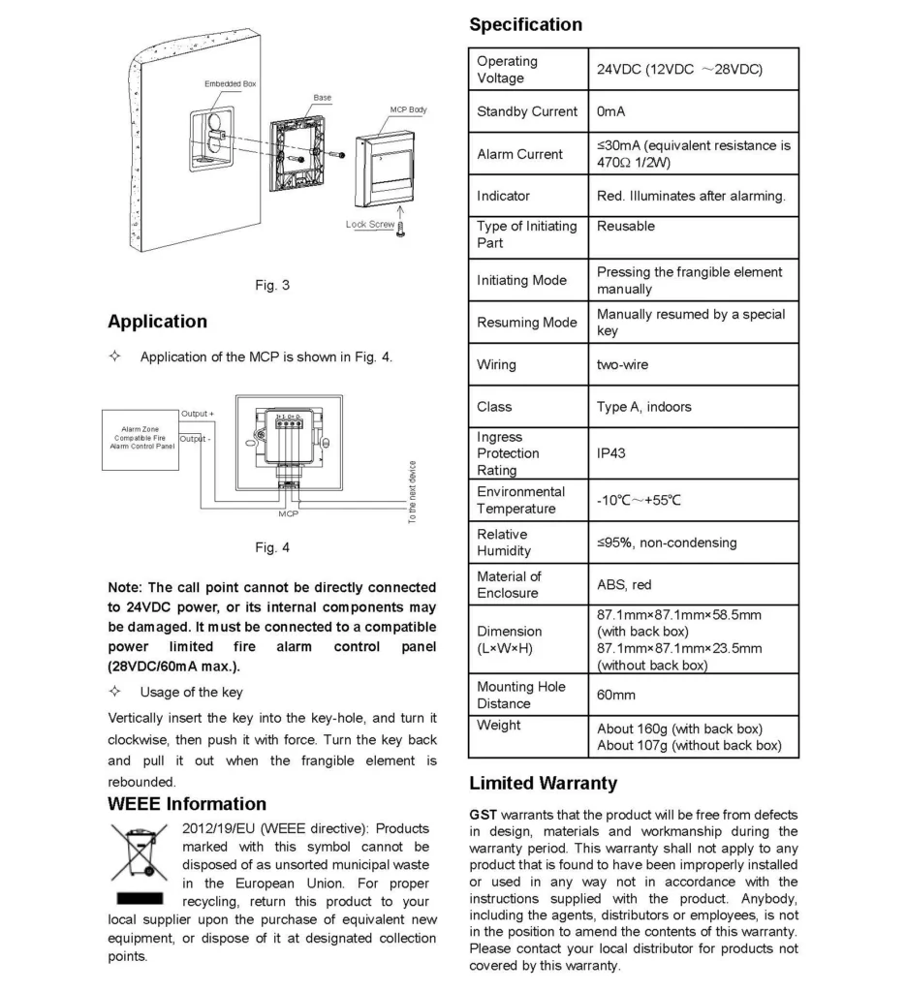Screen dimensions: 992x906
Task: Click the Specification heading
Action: point(525,25)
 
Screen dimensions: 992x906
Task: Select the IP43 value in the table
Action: point(610,452)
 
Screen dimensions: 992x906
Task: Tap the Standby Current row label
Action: point(526,111)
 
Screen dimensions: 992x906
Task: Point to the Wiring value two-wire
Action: point(622,365)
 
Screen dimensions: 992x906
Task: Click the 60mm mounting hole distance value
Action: point(617,695)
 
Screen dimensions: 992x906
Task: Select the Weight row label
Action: point(498,725)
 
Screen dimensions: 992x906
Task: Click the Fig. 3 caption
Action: point(272,286)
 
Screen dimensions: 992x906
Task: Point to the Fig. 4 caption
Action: point(272,548)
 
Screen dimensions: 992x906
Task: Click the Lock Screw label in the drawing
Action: point(370,225)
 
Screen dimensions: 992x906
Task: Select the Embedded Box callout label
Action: point(230,84)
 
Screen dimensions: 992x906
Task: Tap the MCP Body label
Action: point(408,110)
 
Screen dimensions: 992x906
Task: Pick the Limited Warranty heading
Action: point(543,782)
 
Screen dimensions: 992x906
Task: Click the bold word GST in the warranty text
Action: point(483,815)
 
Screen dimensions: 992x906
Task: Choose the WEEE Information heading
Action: point(187,804)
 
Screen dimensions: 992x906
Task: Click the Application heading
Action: point(157,322)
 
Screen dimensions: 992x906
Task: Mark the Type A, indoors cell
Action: point(643,407)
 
